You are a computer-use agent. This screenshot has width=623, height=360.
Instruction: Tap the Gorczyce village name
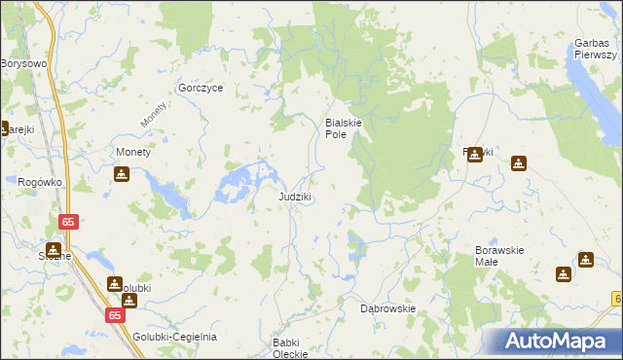pos(202,88)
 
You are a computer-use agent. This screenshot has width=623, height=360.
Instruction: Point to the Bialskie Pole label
pos(344,128)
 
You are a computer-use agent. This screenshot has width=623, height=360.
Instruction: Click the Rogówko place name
pos(40,181)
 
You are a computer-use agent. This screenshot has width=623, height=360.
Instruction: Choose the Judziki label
pos(295,197)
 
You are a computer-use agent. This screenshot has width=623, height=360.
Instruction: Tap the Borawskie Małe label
pos(500,256)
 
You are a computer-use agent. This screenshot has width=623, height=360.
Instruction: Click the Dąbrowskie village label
pos(388,308)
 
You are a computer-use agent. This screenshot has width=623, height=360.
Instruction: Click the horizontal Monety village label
pos(132,153)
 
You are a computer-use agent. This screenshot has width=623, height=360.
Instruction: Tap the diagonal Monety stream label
pos(154,115)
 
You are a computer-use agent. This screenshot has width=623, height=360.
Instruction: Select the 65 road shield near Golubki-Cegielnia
pos(115,315)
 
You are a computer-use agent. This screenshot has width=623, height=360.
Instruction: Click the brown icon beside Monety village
pos(121,174)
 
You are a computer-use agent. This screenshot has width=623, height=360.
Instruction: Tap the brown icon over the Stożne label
pos(54,248)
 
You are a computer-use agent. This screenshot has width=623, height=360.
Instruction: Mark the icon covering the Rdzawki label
pos(475,154)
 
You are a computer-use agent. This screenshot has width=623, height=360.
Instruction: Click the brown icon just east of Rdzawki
pos(518,162)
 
